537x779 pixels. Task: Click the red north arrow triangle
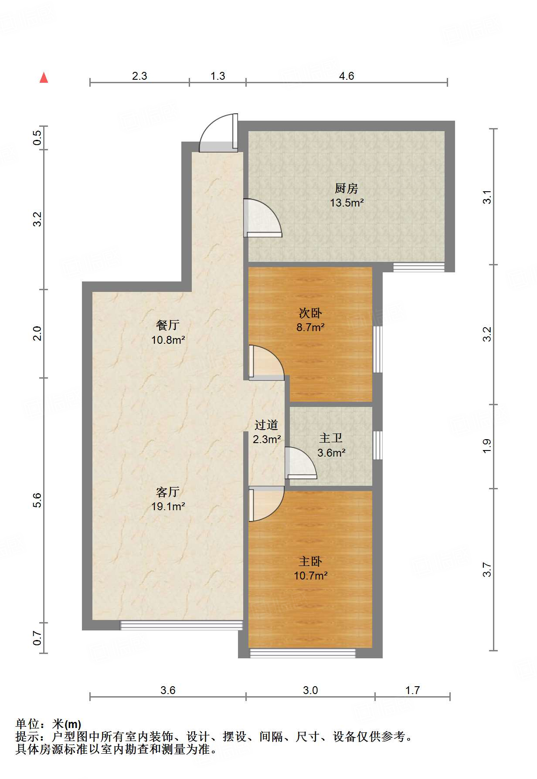coord(44,78)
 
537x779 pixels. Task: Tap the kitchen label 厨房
coord(347,188)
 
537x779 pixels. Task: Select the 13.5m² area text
coord(347,203)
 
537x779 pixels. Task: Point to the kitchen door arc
coord(263,218)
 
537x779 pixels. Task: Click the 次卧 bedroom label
coord(310,313)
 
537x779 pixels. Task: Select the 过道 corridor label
coord(266,424)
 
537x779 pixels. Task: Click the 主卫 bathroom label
coord(331,438)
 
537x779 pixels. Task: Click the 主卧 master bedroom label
coord(310,561)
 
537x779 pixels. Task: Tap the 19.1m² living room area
coord(168,506)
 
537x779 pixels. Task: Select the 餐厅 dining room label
coord(168,325)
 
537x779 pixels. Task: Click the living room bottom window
coord(181,625)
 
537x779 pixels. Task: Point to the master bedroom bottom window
coord(302,653)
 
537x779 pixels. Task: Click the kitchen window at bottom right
coord(419,267)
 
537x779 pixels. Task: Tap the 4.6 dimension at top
coord(347,76)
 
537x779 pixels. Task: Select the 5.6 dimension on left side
coord(37,500)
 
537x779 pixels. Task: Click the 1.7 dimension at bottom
coord(412,690)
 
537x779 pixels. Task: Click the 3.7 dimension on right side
coord(487,569)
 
